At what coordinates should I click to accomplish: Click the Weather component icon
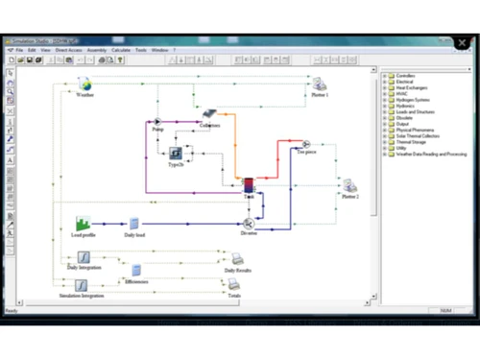[84, 84]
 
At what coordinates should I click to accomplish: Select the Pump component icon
[157, 122]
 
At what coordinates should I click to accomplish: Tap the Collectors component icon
[209, 114]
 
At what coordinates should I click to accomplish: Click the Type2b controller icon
[176, 153]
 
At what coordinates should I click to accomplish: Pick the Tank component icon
[248, 184]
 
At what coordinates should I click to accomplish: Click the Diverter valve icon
[249, 222]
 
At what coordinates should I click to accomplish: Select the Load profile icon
[84, 223]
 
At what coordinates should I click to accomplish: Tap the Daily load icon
[134, 223]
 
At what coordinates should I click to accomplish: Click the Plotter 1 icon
[319, 84]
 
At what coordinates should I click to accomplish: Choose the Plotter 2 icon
[349, 184]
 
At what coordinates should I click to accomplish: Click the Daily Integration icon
[84, 256]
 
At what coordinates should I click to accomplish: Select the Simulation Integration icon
[84, 284]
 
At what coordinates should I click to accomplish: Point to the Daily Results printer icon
[235, 258]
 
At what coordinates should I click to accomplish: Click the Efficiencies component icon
[136, 271]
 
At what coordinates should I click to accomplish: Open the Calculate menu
[121, 50]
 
